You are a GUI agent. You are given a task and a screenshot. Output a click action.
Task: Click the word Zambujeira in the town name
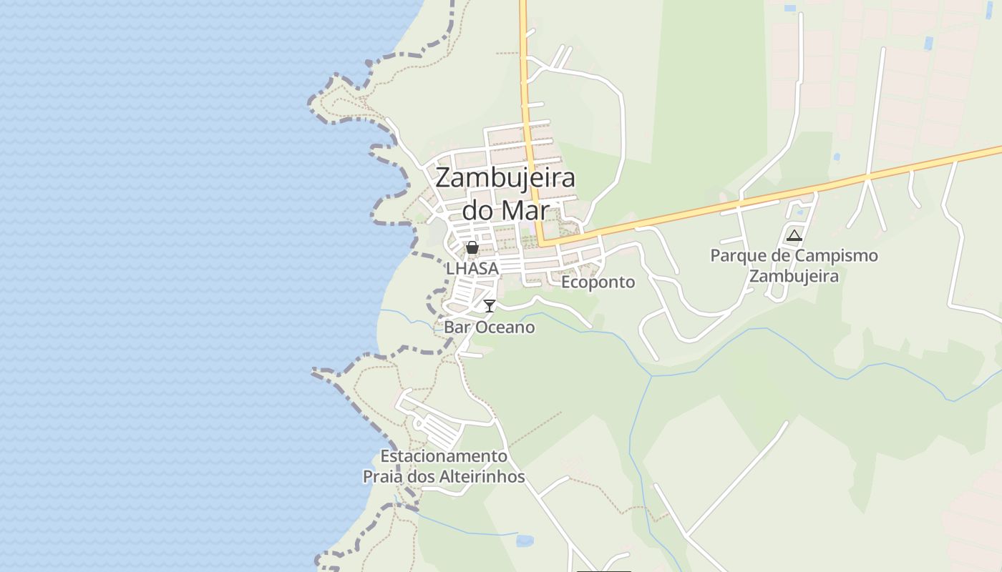505,177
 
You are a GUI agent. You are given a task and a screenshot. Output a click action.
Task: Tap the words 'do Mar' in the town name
505,210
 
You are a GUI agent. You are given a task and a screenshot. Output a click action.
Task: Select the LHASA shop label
472,269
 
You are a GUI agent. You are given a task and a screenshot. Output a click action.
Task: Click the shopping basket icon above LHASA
472,248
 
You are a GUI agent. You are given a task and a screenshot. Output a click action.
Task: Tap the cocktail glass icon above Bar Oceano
490,306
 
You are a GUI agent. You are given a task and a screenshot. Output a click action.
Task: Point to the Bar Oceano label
490,327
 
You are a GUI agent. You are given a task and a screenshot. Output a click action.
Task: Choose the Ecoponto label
598,282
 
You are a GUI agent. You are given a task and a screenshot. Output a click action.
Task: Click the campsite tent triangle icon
794,235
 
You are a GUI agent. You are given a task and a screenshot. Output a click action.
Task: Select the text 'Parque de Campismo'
794,256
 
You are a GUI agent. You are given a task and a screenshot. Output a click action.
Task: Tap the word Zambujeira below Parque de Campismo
794,276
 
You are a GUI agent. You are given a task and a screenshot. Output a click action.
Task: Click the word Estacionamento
444,456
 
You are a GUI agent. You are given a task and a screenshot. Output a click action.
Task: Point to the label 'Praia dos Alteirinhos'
444,477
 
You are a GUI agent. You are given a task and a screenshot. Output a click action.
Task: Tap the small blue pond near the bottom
525,541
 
